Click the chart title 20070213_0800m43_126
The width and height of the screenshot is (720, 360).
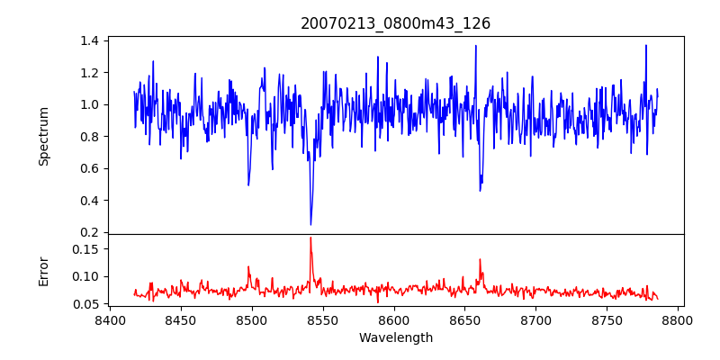[x=395, y=24]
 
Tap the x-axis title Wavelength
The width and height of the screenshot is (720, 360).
[x=395, y=338]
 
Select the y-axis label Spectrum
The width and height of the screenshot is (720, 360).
[x=43, y=135]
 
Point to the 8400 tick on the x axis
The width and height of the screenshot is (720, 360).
[x=110, y=319]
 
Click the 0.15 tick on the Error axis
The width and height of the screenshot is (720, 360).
[x=85, y=248]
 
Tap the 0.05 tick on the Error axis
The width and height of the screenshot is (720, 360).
[x=85, y=304]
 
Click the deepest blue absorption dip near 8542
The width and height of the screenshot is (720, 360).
[x=310, y=224]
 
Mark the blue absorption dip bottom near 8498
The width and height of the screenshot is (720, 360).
[x=248, y=185]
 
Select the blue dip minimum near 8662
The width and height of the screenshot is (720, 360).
[x=480, y=190]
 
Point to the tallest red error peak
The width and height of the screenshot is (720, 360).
[x=310, y=238]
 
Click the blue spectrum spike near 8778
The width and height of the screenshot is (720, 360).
[x=645, y=45]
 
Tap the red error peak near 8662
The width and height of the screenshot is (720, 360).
[x=480, y=259]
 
